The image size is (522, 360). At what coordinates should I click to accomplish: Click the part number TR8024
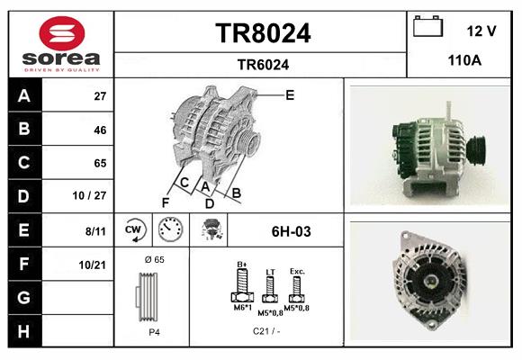(x=263, y=34)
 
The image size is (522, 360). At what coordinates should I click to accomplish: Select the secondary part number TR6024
(x=263, y=64)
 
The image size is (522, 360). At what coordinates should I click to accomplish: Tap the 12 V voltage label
(x=481, y=31)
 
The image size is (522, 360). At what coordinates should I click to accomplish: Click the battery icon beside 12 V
(x=427, y=27)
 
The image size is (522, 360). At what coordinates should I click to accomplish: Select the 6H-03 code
(x=291, y=231)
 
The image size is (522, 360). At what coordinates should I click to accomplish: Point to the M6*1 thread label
(x=242, y=308)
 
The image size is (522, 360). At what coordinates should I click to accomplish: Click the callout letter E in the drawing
(x=290, y=94)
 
